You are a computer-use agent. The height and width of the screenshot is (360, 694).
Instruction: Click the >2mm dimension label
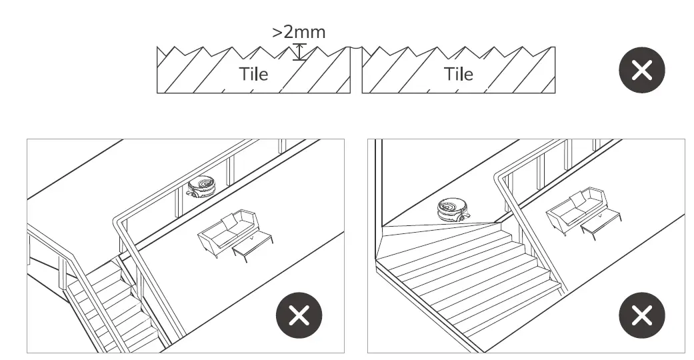[x=299, y=31]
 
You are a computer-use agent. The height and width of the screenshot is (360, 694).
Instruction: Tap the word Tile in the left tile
[x=253, y=73]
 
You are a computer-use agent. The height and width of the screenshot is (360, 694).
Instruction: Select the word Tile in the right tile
[x=458, y=73]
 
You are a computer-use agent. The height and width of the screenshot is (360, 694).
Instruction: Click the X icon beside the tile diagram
[x=641, y=69]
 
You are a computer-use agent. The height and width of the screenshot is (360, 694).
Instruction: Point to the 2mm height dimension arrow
[x=299, y=53]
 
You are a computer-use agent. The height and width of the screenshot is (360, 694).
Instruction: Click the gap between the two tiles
[x=356, y=70]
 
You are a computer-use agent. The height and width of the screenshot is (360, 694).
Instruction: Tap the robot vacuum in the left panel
[x=203, y=187]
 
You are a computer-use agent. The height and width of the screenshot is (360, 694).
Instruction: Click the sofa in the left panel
[x=227, y=233]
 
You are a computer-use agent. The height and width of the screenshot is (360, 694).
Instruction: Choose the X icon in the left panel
[x=299, y=315]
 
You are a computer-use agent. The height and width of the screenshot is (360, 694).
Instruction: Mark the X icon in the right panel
[x=641, y=315]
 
